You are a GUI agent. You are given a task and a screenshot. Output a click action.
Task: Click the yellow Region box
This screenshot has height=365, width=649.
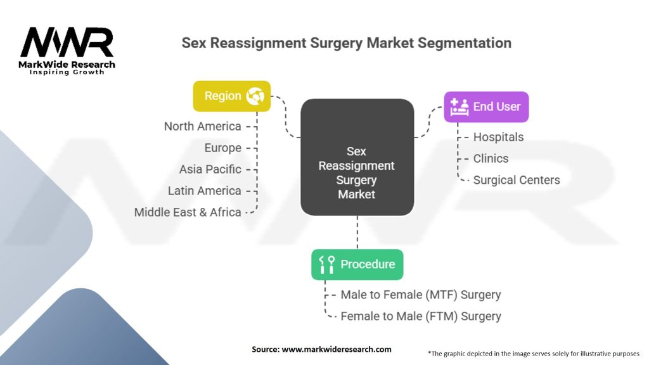click(x=231, y=96)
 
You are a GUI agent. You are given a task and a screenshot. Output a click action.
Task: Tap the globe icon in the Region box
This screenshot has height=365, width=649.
click(x=256, y=96)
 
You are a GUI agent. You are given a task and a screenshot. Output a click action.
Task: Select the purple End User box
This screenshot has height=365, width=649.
click(x=486, y=106)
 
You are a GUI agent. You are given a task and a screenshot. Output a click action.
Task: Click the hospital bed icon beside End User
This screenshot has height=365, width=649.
click(x=459, y=107)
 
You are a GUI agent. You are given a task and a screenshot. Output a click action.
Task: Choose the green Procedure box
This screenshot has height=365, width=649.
click(x=357, y=264)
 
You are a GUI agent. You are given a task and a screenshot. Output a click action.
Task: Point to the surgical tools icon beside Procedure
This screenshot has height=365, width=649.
click(x=327, y=265)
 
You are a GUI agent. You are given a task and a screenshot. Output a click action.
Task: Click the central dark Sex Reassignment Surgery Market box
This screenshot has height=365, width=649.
click(x=357, y=157)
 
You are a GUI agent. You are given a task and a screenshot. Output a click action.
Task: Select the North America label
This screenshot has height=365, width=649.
click(x=202, y=126)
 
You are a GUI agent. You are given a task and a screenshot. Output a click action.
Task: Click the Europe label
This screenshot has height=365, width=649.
click(x=222, y=148)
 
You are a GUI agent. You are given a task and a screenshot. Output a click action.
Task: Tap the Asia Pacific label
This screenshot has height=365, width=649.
click(x=210, y=169)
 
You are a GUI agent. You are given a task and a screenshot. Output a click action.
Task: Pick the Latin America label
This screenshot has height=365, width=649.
click(x=204, y=191)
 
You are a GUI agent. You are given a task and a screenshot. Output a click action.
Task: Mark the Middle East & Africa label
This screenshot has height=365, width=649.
click(x=188, y=212)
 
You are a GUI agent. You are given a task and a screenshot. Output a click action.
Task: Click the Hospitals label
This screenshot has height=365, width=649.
click(x=498, y=137)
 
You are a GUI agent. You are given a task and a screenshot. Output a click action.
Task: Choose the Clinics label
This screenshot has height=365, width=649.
click(x=491, y=158)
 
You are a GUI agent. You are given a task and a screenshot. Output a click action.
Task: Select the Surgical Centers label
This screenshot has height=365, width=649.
click(x=517, y=180)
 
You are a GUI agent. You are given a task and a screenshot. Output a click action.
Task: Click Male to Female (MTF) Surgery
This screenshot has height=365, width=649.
click(x=420, y=295)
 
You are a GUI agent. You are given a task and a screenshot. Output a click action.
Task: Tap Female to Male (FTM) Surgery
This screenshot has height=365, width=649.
click(x=420, y=316)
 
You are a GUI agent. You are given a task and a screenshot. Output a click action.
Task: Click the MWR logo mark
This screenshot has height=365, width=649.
click(x=67, y=43)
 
